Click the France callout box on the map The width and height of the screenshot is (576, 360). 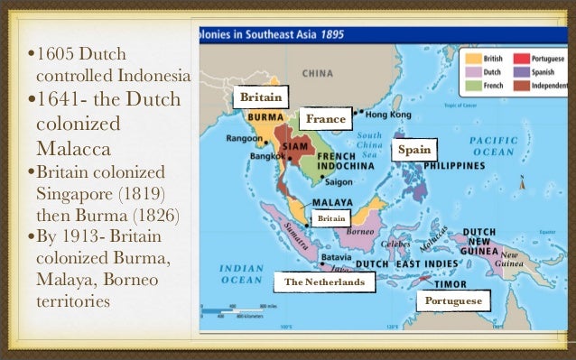point(326,119)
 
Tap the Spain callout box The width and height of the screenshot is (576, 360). point(414,150)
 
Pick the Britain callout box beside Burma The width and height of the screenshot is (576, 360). point(261,97)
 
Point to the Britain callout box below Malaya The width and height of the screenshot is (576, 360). point(329,217)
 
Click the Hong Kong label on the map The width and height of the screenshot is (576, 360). point(388,115)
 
